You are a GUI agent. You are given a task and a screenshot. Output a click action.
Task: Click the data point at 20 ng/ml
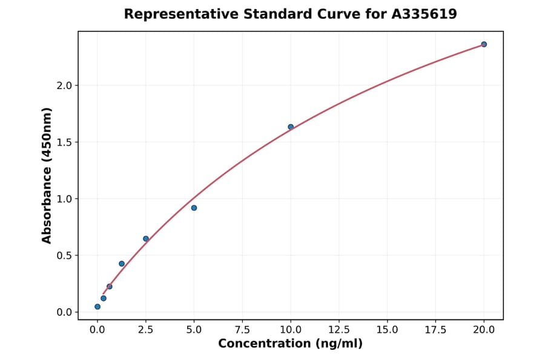coord(484,44)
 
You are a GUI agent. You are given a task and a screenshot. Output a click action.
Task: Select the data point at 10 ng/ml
coord(291,127)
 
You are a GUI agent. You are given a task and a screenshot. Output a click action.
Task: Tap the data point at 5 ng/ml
coord(194,208)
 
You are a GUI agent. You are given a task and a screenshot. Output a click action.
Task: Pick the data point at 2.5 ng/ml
coord(146,239)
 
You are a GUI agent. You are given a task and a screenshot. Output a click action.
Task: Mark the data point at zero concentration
coord(97,307)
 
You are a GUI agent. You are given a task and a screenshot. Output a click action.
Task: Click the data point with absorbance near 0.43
coord(122,264)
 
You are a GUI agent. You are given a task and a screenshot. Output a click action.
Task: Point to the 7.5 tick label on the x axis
coord(242,330)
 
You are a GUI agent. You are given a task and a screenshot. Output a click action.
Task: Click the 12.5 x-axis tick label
coord(339,330)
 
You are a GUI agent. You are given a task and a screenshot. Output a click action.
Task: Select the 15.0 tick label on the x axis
coord(388,330)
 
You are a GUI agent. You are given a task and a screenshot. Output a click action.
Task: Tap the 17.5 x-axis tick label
coord(435,330)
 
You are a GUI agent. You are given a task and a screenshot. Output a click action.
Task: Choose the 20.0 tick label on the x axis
coord(484,330)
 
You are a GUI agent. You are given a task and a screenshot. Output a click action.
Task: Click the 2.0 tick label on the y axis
coord(65,85)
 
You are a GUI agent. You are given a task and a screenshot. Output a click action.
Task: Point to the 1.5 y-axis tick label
coord(65,142)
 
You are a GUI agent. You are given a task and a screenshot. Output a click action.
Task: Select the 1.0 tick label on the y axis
coord(65,199)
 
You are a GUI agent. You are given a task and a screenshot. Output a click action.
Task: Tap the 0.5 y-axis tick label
coord(65,256)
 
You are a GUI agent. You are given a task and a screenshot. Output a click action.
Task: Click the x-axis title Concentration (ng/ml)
coord(290,344)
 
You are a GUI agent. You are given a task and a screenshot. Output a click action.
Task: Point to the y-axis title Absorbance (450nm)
coord(47,175)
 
